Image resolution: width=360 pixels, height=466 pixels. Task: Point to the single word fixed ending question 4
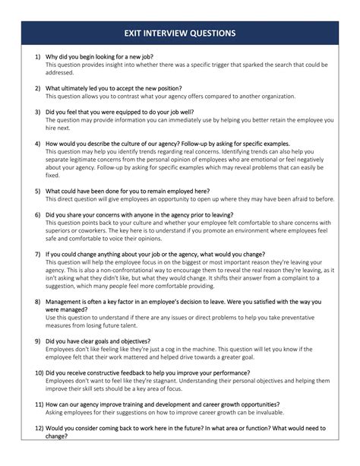coord(52,175)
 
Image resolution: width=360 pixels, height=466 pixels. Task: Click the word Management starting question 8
coord(66,301)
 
